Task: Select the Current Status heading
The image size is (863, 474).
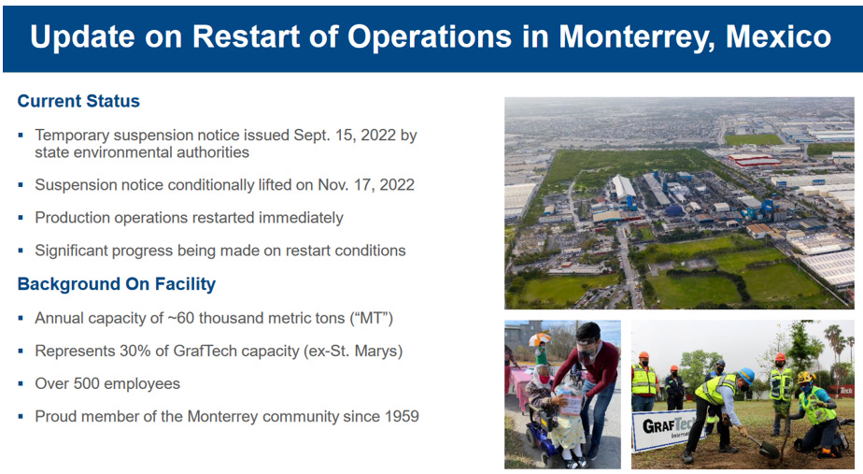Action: pos(78,101)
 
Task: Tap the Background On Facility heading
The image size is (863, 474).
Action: pos(117,284)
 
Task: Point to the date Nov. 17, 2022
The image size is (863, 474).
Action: pos(366,184)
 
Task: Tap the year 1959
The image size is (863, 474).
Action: pos(402,416)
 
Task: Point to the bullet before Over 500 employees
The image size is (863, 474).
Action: pos(21,383)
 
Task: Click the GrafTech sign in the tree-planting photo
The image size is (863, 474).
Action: pos(664,429)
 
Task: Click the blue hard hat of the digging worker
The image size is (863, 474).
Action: pos(746,375)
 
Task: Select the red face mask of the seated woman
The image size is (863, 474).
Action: pos(545,379)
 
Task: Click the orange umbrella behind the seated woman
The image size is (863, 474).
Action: pos(540,338)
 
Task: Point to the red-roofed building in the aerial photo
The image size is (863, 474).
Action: pos(754,159)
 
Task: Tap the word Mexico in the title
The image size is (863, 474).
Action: pos(778,36)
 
